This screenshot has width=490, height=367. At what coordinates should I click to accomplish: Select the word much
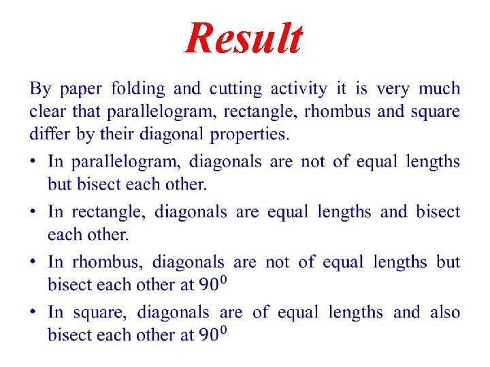pos(439,88)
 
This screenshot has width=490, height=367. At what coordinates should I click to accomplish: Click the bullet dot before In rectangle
pos(34,213)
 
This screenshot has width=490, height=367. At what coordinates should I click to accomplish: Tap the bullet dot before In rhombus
pos(34,262)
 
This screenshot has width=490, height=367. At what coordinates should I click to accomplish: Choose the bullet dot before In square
pos(34,313)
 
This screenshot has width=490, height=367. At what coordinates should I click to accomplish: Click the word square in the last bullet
pos(103,313)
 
